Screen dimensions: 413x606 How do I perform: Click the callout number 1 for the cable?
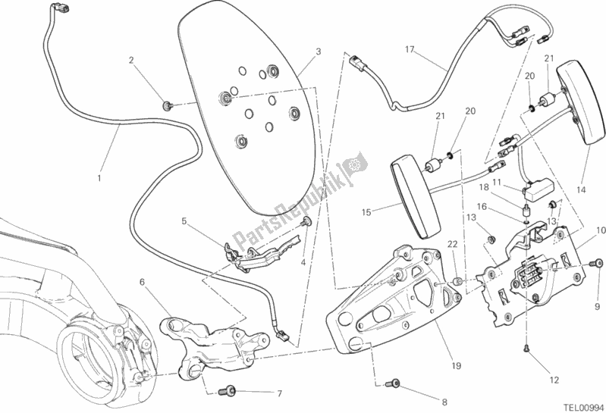[99, 178]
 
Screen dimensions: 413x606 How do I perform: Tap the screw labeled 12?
[525, 348]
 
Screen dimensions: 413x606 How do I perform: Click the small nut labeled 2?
[166, 102]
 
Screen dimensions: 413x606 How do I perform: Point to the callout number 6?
[142, 282]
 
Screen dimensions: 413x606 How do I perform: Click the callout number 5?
[184, 221]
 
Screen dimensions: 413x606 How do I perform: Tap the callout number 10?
[599, 230]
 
